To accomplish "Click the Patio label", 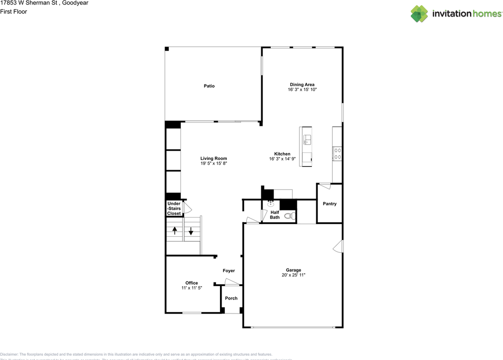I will [209, 86].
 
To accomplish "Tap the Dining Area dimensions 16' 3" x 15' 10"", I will [302, 90].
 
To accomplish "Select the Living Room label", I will [213, 159].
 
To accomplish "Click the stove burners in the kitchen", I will [337, 153].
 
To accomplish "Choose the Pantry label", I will [329, 204].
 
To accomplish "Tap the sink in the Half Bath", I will [271, 204].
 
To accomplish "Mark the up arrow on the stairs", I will [174, 231].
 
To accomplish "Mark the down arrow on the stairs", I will [191, 231].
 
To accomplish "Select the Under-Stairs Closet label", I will [174, 208].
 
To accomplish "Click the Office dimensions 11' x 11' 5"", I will [191, 288].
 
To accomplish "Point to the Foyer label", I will [229, 271].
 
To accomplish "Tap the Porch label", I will [231, 298].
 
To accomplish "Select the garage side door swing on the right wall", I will [338, 246].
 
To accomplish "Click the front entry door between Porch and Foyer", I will [231, 281].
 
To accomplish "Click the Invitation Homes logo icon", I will [419, 14].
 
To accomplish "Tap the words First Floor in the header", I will [14, 12].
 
